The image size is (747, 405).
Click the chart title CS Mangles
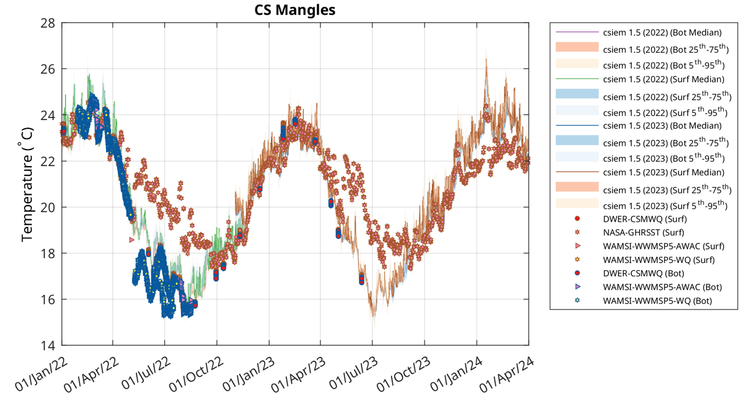(295, 10)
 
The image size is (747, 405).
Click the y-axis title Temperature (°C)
(28, 184)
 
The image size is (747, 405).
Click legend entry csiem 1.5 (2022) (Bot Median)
(662, 32)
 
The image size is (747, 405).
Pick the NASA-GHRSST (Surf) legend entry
(644, 232)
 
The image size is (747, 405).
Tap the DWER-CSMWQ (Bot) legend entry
(643, 273)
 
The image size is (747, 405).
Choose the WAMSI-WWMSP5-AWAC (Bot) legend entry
(662, 287)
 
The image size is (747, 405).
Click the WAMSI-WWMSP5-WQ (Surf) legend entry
(659, 260)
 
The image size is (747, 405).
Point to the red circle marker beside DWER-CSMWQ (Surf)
(577, 219)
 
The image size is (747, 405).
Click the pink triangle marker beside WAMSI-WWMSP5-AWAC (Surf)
(577, 246)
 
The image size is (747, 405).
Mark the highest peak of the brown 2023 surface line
(486, 59)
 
